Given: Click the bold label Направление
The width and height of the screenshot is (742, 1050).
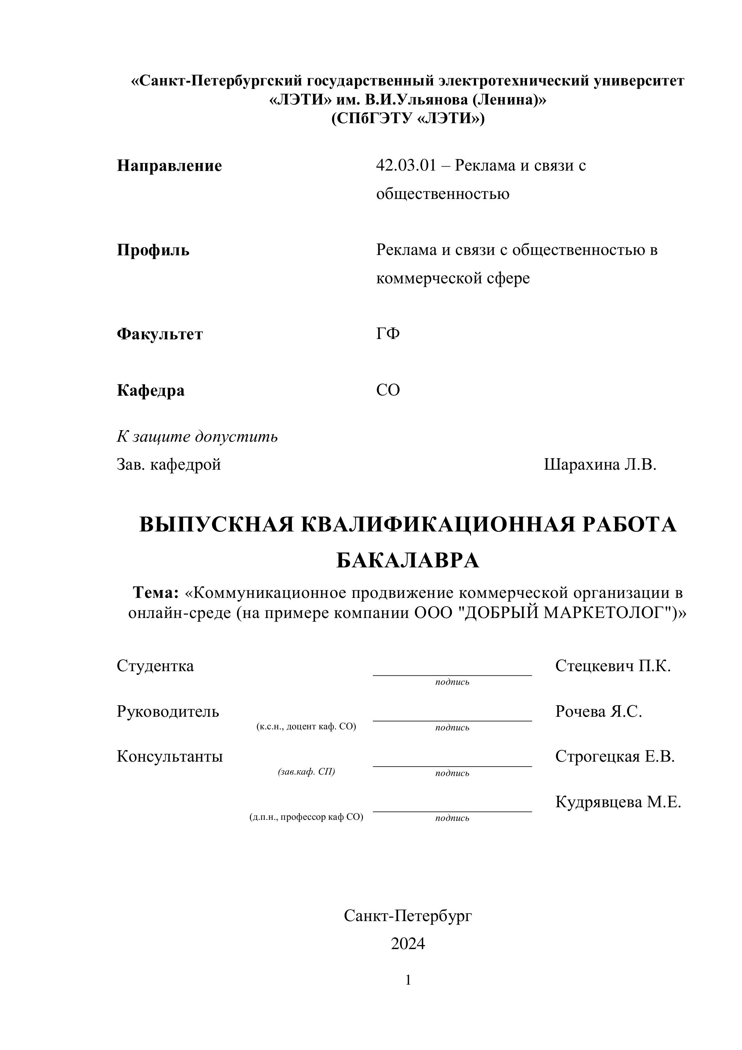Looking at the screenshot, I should click(169, 166).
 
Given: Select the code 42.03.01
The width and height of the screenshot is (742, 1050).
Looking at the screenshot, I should click(406, 165).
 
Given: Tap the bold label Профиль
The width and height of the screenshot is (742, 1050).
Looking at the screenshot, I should click(153, 250).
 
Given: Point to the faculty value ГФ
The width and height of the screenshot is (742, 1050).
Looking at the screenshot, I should click(388, 334).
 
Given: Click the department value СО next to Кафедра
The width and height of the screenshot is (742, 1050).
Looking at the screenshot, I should click(388, 390).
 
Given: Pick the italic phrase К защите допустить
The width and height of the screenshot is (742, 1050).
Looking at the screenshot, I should click(197, 437).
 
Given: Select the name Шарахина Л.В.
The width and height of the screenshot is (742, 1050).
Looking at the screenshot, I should click(600, 465).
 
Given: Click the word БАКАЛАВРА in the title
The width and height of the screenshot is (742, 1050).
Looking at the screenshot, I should click(407, 561).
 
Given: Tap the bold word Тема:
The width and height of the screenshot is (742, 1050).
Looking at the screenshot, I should click(155, 593).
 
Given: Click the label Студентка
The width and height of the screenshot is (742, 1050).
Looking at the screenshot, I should click(155, 666).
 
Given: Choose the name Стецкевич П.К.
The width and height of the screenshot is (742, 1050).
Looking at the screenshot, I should click(613, 666).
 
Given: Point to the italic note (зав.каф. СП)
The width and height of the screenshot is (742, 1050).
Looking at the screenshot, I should click(306, 771).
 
